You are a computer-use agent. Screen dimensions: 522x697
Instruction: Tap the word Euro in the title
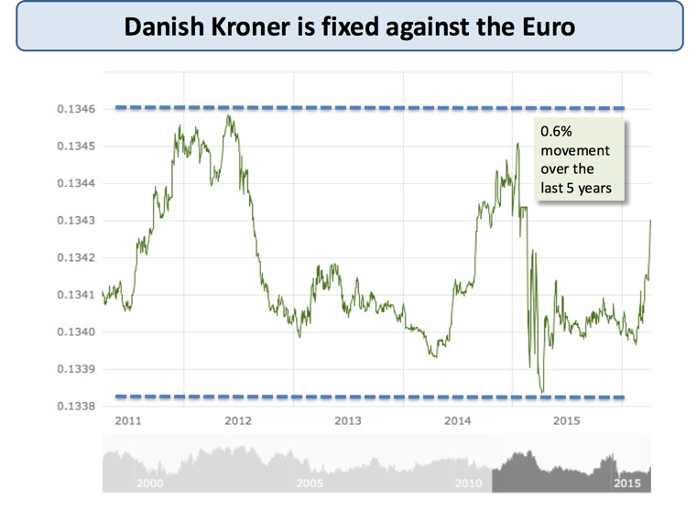click(548, 27)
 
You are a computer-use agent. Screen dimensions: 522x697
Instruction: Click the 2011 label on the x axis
click(127, 421)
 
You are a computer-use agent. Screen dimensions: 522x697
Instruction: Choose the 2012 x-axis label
click(237, 421)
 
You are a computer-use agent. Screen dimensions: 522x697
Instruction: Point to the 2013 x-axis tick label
click(347, 421)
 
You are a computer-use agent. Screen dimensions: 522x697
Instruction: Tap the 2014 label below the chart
click(457, 421)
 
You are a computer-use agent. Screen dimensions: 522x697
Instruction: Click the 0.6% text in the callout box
click(556, 132)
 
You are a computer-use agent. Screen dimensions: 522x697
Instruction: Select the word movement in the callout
click(571, 150)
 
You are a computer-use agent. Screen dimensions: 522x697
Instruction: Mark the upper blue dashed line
click(366, 108)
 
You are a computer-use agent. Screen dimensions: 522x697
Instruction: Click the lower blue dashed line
click(366, 397)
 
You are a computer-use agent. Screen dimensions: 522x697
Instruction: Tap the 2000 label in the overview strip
click(149, 483)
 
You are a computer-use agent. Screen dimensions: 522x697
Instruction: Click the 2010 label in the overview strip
click(469, 483)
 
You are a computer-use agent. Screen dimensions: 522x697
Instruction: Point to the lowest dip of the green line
click(541, 392)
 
